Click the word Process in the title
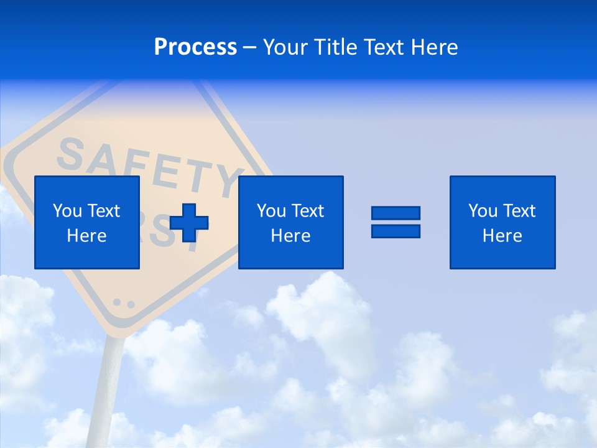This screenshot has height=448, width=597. [x=195, y=47]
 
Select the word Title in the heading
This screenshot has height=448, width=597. [x=335, y=47]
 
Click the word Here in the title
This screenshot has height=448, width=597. [x=435, y=47]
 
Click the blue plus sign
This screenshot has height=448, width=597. [x=189, y=223]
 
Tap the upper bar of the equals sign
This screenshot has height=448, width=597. [x=396, y=213]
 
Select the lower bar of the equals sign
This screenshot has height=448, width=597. [x=396, y=231]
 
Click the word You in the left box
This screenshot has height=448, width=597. [x=67, y=211]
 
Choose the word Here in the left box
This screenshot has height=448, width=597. [x=86, y=236]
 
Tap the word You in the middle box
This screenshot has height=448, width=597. [x=271, y=211]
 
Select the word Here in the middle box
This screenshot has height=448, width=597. [x=290, y=236]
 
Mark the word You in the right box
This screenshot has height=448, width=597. [x=482, y=211]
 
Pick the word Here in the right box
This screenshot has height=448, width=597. [x=502, y=236]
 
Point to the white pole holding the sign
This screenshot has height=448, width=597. [x=109, y=386]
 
